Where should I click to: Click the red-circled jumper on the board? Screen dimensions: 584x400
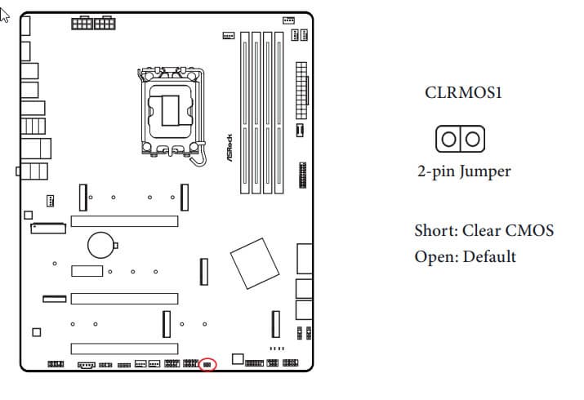[x=207, y=365]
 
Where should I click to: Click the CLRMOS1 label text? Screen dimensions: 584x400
[x=463, y=92]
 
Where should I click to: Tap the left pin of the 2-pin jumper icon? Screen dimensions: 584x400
[x=448, y=139]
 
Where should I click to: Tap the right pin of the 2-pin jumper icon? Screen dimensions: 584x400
[x=472, y=139]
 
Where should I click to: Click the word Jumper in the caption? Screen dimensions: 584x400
[x=485, y=171]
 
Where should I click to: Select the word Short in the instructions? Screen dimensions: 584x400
[x=436, y=230]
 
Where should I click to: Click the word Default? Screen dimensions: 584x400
[x=490, y=257]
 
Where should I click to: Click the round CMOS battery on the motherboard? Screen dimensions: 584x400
[x=100, y=245]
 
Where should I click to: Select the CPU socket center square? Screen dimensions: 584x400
[x=170, y=110]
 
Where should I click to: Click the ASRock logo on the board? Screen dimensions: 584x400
[x=230, y=148]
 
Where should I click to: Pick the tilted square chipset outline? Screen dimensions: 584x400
[x=255, y=264]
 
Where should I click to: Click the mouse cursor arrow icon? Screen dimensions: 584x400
[x=4, y=16]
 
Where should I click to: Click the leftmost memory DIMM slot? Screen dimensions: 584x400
[x=245, y=113]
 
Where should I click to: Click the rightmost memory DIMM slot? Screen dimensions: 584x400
[x=279, y=113]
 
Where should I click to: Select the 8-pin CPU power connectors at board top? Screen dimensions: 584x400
[x=93, y=23]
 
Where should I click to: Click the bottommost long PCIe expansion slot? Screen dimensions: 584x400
[x=124, y=349]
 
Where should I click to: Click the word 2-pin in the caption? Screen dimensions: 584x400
[x=436, y=171]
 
